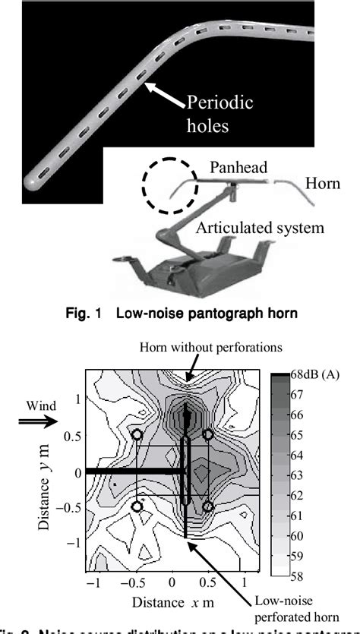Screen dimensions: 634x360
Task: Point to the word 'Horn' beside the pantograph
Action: point(322,184)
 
